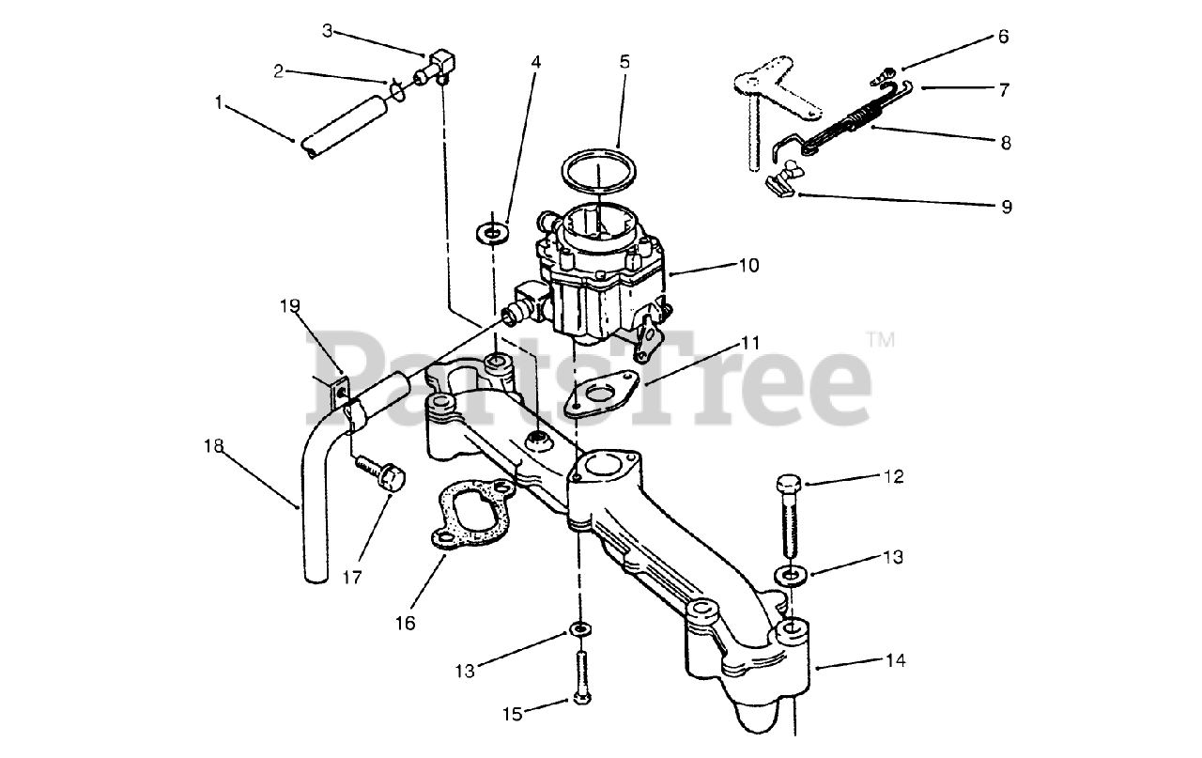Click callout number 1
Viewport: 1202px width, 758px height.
coord(219,102)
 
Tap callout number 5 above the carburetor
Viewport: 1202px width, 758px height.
coord(624,62)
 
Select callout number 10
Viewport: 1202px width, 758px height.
coord(747,266)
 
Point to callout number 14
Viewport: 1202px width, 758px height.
coord(895,660)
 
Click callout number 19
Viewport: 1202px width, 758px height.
coord(289,305)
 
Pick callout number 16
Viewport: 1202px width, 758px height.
coord(405,623)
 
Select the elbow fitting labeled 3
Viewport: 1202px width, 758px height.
coord(439,67)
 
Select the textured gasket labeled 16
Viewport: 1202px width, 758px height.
coord(472,515)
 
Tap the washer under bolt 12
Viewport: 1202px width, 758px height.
coord(790,574)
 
